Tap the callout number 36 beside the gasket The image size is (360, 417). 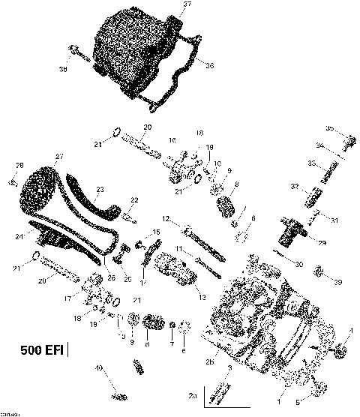(209, 66)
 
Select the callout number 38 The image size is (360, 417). (63, 70)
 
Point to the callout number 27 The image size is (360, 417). (56, 156)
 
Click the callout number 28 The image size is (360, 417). (19, 165)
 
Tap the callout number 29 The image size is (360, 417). (321, 243)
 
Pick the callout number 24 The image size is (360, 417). (30, 236)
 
